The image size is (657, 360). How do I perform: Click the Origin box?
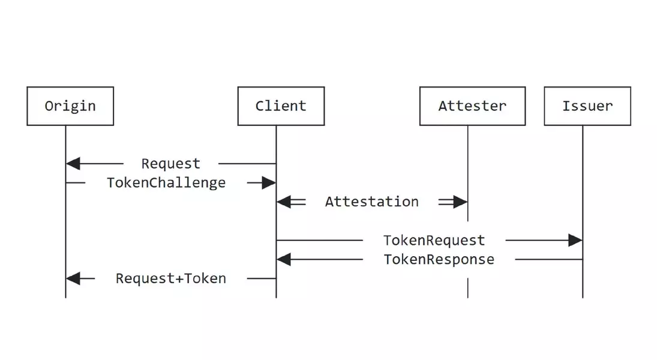click(70, 106)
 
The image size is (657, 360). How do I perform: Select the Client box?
click(281, 106)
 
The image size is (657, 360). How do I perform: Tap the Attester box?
click(472, 106)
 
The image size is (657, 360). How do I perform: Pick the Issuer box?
click(587, 106)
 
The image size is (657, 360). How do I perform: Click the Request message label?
click(171, 163)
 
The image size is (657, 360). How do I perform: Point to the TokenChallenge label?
click(166, 182)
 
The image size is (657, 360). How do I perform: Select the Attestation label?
click(371, 202)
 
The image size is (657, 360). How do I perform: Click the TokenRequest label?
click(434, 241)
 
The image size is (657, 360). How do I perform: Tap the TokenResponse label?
click(439, 259)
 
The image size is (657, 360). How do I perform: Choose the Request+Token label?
click(171, 278)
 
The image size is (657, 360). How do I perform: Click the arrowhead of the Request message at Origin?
click(73, 163)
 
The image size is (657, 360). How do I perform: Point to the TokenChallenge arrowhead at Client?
click(269, 183)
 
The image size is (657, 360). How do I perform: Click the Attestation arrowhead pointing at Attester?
click(460, 202)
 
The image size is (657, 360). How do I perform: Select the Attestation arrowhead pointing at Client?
click(284, 202)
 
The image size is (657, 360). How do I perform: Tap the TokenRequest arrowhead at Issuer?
click(575, 241)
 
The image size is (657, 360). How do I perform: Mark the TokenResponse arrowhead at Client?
click(284, 260)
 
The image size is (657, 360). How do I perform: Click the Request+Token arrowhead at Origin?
click(73, 278)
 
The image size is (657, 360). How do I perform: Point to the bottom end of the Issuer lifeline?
click(583, 296)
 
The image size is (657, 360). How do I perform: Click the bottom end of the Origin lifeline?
click(65, 296)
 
